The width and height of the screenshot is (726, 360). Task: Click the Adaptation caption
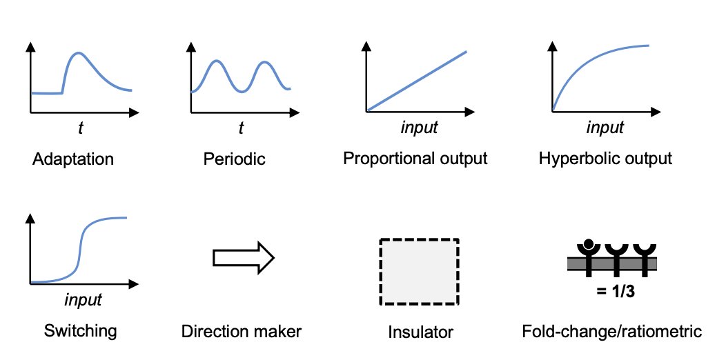point(72,160)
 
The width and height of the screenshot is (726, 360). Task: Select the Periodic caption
point(235,160)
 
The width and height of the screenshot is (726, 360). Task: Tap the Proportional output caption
point(415,159)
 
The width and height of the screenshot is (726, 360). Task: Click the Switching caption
point(80,330)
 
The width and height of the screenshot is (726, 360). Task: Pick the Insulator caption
point(420,332)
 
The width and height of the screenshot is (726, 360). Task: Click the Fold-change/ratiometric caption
point(613,332)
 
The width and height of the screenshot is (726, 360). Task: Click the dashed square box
point(419,271)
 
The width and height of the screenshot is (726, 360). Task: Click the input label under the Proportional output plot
point(420,128)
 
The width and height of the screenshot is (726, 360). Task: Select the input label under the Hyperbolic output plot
point(605,128)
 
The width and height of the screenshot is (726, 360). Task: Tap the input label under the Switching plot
point(83,300)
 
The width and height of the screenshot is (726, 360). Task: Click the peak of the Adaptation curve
point(79,53)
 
